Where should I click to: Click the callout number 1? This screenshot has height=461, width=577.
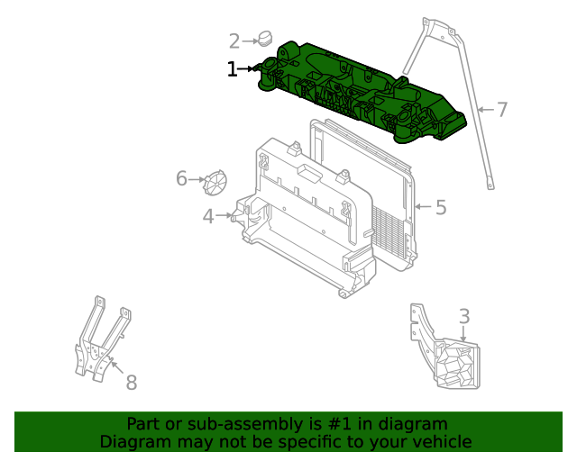click(232, 68)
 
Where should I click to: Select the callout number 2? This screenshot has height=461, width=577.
click(234, 41)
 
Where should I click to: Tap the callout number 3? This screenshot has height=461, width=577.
click(463, 316)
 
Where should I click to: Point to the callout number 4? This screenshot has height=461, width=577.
click(208, 216)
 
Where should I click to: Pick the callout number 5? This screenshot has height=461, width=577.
click(440, 208)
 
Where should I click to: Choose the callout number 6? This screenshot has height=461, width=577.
click(181, 179)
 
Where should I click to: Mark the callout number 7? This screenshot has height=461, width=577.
click(502, 110)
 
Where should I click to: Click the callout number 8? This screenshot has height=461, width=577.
click(131, 383)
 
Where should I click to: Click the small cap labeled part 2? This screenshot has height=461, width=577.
click(265, 38)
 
